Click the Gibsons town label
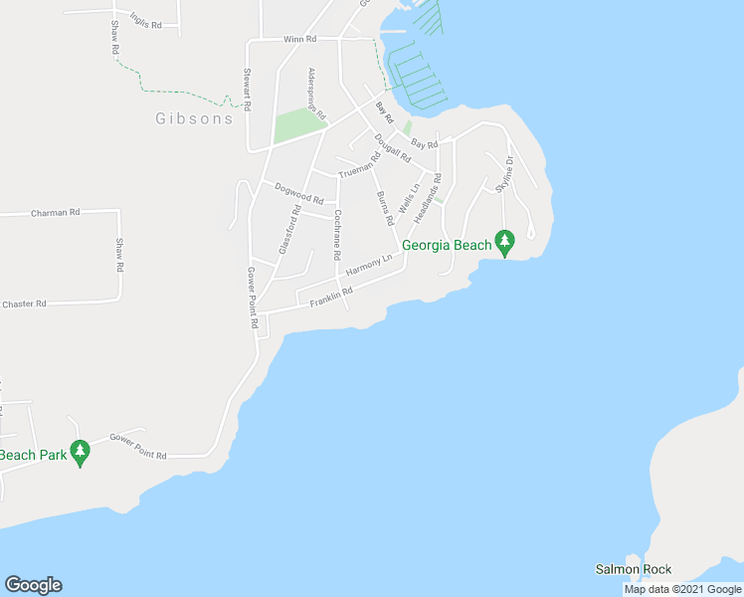tap(194, 118)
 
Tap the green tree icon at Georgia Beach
tap(505, 242)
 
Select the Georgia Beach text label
tap(447, 245)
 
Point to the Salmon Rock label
tap(634, 570)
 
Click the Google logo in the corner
tap(33, 585)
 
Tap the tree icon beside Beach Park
tap(81, 453)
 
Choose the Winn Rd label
tap(299, 39)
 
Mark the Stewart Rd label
tap(247, 90)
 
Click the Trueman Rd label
tap(359, 165)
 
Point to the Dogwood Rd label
tap(299, 193)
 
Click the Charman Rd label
tap(55, 212)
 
